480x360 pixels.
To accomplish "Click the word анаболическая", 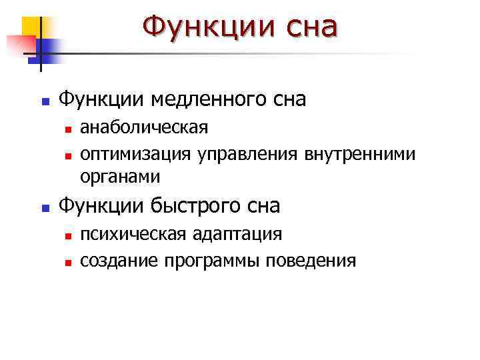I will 144,127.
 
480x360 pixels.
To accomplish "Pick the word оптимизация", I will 136,154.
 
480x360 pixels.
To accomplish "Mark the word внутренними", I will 360,154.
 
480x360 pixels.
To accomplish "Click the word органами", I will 120,176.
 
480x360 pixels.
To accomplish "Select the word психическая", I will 134,234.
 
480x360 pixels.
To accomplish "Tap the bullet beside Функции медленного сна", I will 45,103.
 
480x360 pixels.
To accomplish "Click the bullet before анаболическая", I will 67,128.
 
